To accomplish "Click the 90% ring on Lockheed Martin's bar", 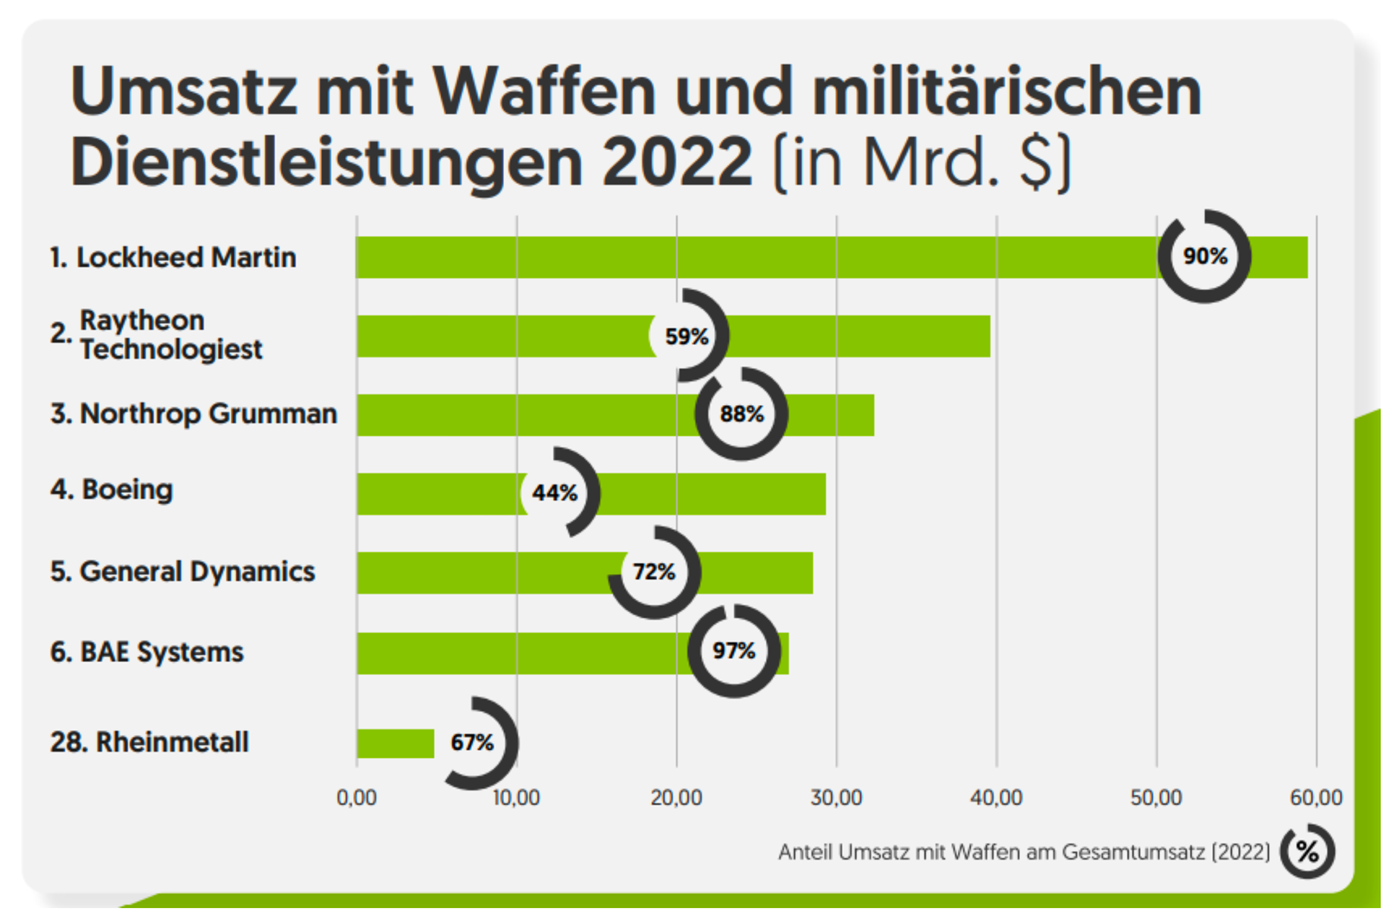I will tap(1204, 256).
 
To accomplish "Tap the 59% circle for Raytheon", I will tap(687, 336).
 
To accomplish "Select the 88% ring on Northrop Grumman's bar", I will tap(741, 414).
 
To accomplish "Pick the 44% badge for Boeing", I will tap(555, 493).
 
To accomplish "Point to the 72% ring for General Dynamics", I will tap(654, 572).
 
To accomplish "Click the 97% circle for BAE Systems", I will tap(734, 650).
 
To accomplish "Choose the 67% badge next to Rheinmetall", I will tap(473, 742).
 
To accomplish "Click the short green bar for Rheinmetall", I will tap(396, 744).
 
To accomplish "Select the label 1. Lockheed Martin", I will tap(173, 257).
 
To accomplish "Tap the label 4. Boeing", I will tap(112, 489).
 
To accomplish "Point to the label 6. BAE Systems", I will tap(147, 651).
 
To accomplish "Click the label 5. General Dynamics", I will tap(183, 571).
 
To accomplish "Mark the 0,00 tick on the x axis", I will tap(357, 798).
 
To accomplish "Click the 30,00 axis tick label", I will tap(836, 798).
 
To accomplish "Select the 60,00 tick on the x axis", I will tap(1316, 798).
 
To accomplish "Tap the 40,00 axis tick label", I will tap(996, 798).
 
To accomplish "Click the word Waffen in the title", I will tap(544, 92).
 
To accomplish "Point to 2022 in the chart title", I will tap(677, 162).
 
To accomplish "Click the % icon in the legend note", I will tap(1307, 852).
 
